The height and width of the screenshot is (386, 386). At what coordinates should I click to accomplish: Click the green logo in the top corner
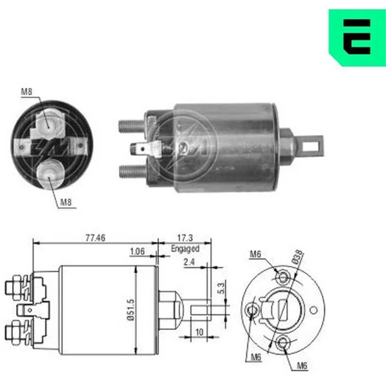pyautogui.click(x=357, y=37)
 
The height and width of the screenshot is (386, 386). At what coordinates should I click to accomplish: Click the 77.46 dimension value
pyautogui.click(x=95, y=238)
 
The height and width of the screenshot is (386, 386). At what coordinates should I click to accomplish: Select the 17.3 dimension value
pyautogui.click(x=185, y=238)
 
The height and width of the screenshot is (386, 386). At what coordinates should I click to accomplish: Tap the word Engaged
pyautogui.click(x=185, y=248)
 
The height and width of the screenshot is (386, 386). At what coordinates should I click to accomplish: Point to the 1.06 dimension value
pyautogui.click(x=137, y=252)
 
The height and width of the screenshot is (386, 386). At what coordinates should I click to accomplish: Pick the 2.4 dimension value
pyautogui.click(x=188, y=262)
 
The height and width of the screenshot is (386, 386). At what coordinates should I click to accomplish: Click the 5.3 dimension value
pyautogui.click(x=221, y=288)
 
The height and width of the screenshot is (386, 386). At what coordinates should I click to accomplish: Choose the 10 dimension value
pyautogui.click(x=199, y=332)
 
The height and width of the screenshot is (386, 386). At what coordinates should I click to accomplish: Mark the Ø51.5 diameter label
pyautogui.click(x=131, y=310)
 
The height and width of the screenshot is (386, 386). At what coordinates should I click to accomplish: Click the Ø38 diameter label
pyautogui.click(x=298, y=257)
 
